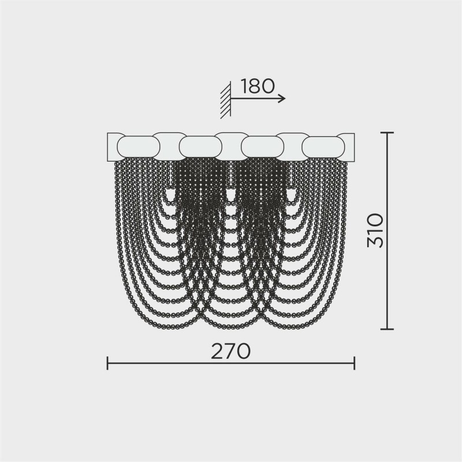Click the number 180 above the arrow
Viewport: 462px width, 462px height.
(258, 86)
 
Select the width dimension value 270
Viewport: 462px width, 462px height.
(230, 351)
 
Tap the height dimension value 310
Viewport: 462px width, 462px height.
(376, 230)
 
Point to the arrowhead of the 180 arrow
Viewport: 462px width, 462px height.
(282, 98)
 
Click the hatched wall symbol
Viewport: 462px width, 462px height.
(226, 100)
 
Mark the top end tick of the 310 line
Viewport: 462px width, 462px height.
(387, 133)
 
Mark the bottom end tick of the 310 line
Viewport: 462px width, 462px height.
(387, 329)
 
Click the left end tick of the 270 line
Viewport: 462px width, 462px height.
(107, 363)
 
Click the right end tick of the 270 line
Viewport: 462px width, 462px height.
(354, 363)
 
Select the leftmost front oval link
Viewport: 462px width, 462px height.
(139, 147)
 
